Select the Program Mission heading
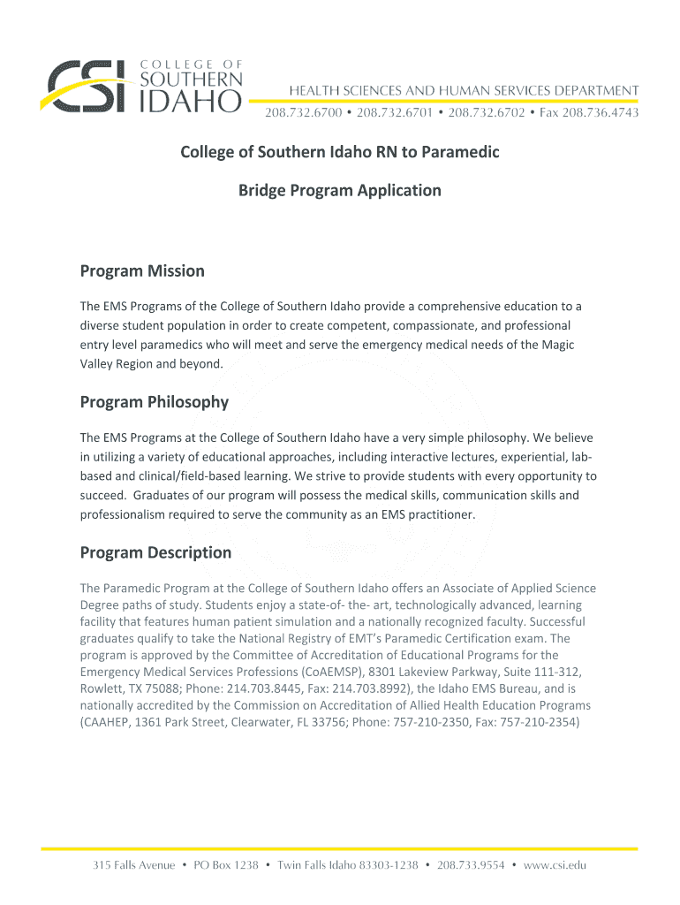click(x=142, y=271)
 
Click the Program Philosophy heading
click(x=155, y=402)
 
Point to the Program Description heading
click(x=155, y=552)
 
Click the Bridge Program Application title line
click(x=340, y=190)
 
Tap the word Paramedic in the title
click(x=459, y=152)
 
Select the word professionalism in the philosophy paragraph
click(x=125, y=513)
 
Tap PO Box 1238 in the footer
click(x=224, y=865)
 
